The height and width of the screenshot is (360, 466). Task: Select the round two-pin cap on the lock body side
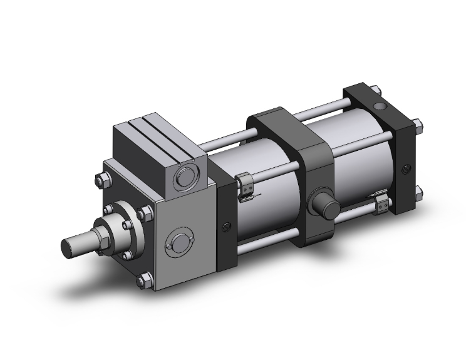(x=179, y=244)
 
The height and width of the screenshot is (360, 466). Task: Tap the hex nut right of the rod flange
(x=145, y=215)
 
